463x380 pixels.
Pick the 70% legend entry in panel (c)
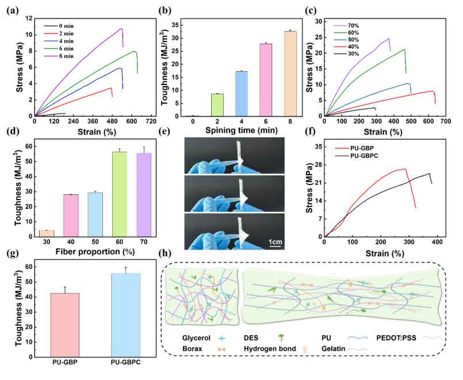click(353, 25)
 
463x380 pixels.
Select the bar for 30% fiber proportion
click(46, 233)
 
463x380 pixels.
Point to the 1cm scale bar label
click(274, 242)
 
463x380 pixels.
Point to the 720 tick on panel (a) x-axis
click(151, 122)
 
